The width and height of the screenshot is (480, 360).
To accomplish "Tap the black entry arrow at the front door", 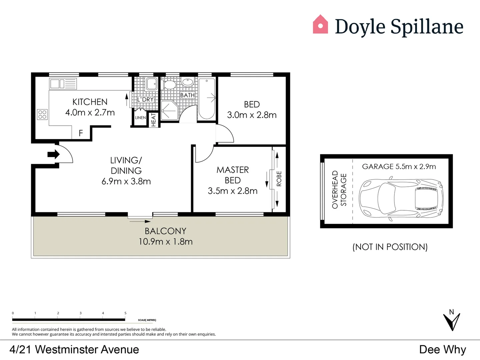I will pyautogui.click(x=53, y=154).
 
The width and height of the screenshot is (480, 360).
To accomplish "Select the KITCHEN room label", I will pyautogui.click(x=90, y=102).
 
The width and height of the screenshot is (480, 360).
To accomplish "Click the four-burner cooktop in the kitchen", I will pyautogui.click(x=42, y=115).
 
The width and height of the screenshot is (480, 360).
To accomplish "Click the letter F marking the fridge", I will pyautogui.click(x=81, y=133).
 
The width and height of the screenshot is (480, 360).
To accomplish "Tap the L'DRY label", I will pyautogui.click(x=146, y=99).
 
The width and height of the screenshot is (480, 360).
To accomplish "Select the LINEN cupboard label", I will pyautogui.click(x=140, y=118).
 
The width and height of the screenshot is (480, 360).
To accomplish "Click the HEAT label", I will pyautogui.click(x=154, y=120).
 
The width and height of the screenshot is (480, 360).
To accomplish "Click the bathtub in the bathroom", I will pyautogui.click(x=207, y=98).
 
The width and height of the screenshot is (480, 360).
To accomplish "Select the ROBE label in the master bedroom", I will pyautogui.click(x=279, y=179).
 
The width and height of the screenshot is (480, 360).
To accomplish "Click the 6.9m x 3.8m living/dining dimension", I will pyautogui.click(x=126, y=181).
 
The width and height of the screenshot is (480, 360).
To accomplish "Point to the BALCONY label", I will pyautogui.click(x=165, y=231).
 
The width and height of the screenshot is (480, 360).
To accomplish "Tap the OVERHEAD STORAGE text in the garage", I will pyautogui.click(x=339, y=190).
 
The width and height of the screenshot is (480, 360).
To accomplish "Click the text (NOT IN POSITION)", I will pyautogui.click(x=390, y=247).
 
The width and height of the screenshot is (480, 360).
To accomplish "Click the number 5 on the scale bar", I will pyautogui.click(x=125, y=313).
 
